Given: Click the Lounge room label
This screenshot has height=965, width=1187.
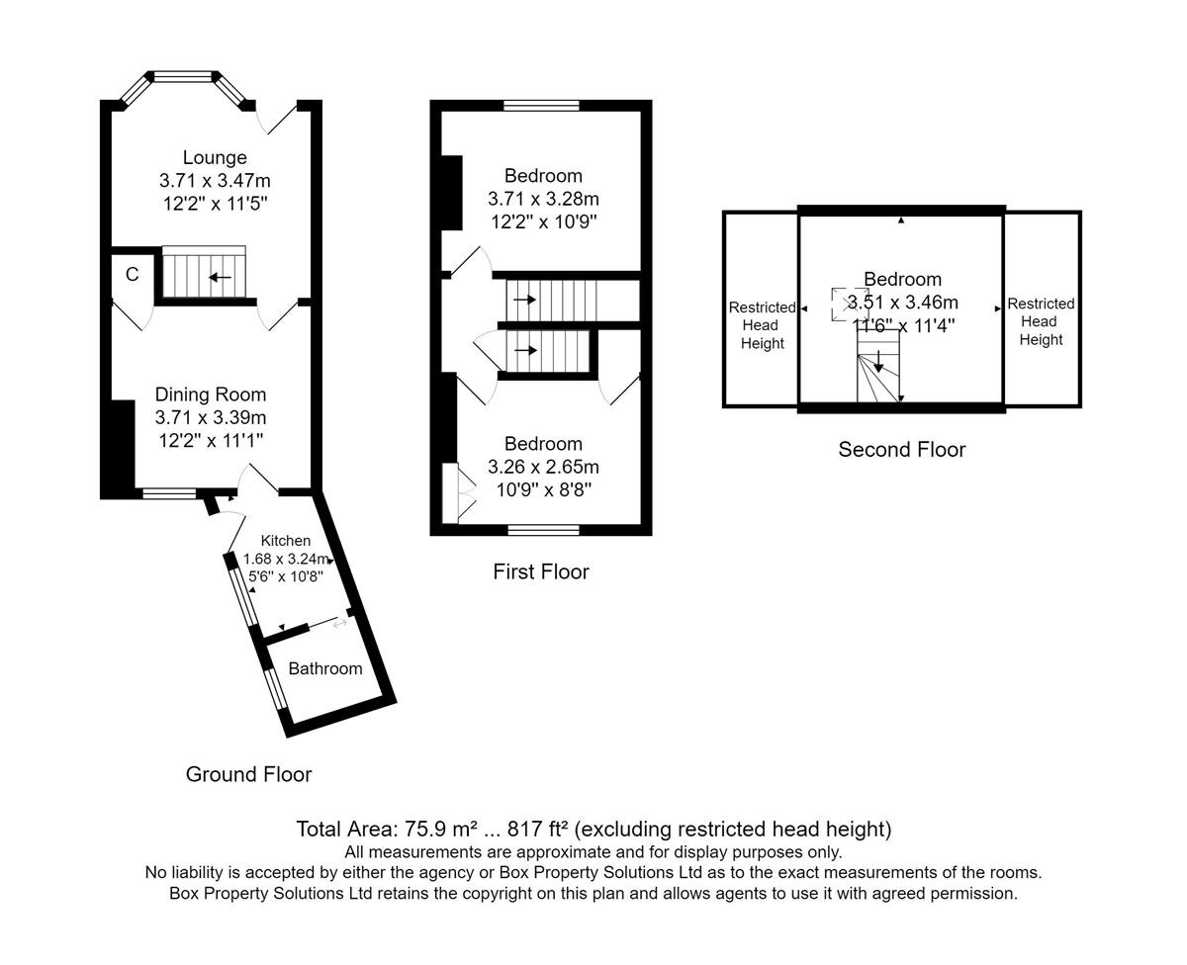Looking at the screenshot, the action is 215,157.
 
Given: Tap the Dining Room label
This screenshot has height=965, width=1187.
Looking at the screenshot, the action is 210,395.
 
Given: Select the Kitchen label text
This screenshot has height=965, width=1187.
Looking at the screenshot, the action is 285,540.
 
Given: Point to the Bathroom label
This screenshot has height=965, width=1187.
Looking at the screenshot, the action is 324,668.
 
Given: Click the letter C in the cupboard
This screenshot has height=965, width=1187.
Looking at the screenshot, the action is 133,274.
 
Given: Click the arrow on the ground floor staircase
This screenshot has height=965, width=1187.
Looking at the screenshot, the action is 221,277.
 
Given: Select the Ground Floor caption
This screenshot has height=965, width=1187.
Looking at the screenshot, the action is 248,774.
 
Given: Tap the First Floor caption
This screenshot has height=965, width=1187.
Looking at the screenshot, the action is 540,571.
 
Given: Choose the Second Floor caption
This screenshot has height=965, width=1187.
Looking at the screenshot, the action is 902,449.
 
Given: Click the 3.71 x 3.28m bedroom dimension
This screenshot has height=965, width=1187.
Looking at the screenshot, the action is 543,199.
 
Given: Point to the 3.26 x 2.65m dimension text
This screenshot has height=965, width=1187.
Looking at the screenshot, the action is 543,467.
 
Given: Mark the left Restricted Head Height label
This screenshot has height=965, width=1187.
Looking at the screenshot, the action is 762,325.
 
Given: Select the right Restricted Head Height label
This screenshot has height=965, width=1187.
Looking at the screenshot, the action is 1041,321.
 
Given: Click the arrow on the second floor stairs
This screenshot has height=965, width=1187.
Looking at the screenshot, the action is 878,362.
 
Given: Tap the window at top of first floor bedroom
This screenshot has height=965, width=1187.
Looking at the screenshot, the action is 541,105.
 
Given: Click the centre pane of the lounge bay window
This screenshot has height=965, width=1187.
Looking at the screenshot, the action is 183,76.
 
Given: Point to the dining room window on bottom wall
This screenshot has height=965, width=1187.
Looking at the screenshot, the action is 169,492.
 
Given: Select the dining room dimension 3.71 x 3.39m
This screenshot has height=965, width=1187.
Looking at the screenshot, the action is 210,417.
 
